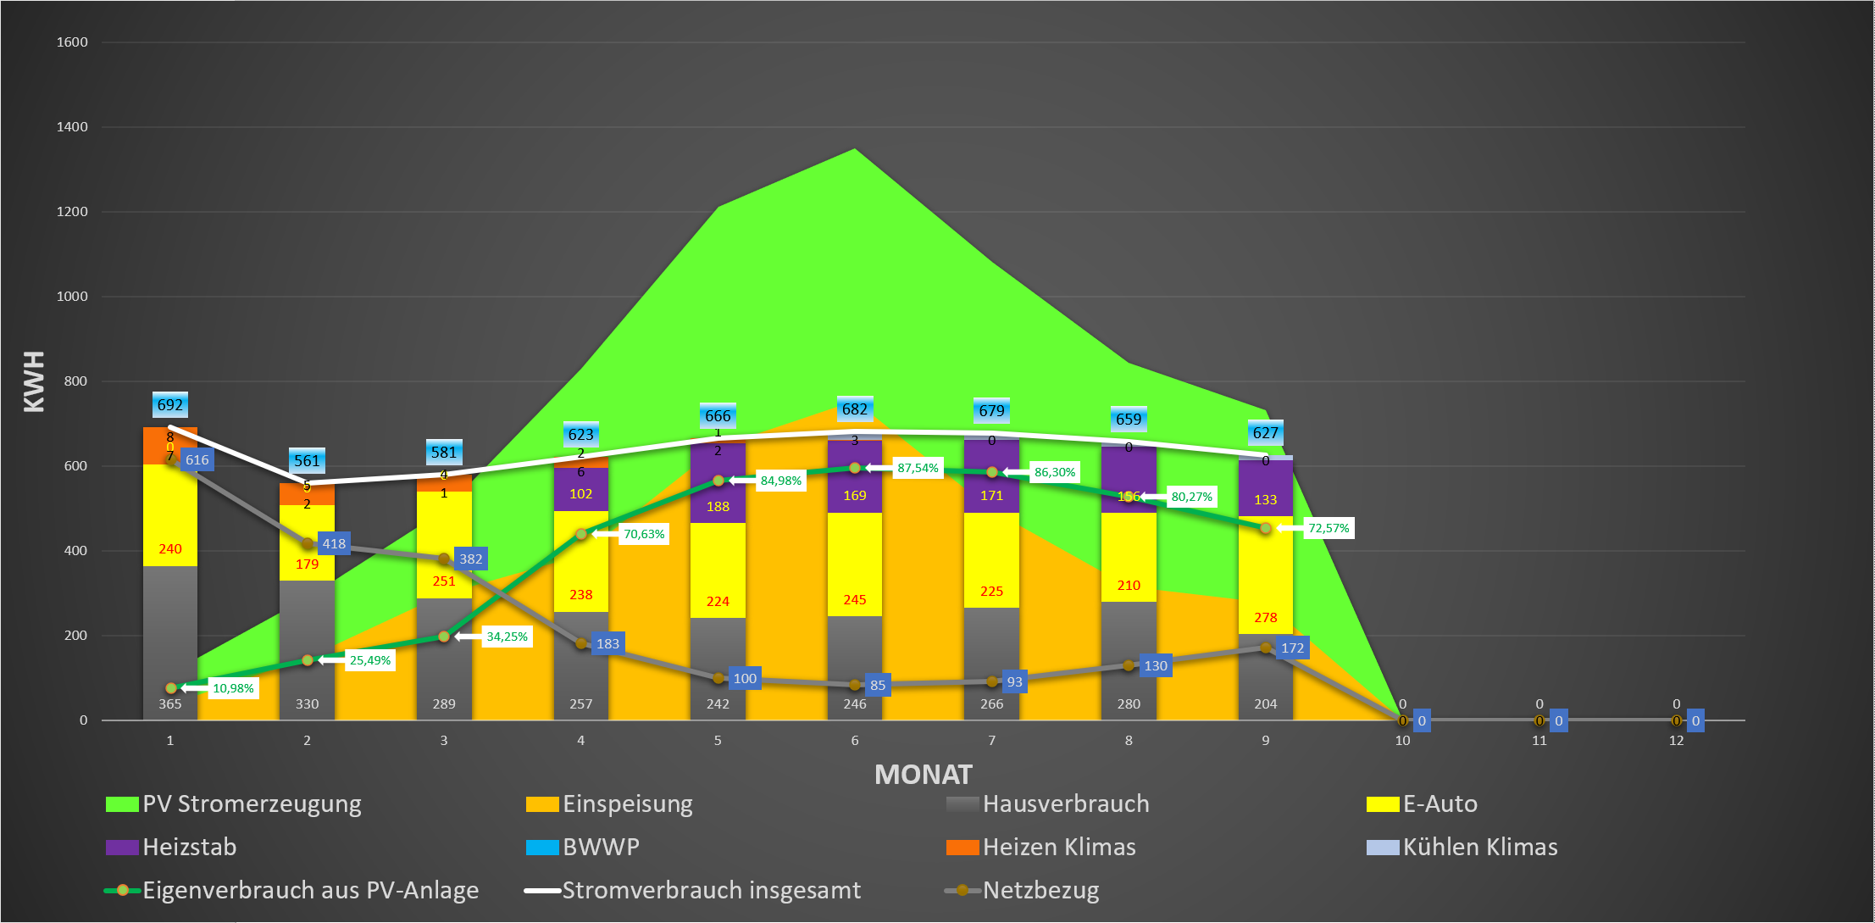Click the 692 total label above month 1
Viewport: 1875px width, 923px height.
(x=169, y=405)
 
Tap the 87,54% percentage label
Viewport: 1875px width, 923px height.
(x=918, y=468)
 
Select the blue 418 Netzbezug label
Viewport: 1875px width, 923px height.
(x=334, y=544)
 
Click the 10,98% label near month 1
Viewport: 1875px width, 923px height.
(x=233, y=688)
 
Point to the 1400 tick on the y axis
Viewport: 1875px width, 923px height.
(x=72, y=127)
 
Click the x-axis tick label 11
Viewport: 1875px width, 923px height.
(x=1539, y=741)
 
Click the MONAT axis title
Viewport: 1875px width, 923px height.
(x=923, y=775)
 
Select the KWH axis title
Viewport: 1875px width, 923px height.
(x=35, y=381)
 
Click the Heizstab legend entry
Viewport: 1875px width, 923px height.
(x=189, y=847)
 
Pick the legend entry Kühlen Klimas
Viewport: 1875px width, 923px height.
(x=1479, y=847)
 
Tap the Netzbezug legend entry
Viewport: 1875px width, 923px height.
(x=1040, y=890)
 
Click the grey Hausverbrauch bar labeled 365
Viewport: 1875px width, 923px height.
(x=169, y=644)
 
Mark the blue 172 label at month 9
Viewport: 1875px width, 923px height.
(x=1292, y=648)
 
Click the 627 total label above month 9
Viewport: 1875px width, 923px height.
(x=1265, y=433)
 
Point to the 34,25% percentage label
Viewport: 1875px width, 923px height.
(x=507, y=637)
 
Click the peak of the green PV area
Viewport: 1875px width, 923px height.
(x=854, y=151)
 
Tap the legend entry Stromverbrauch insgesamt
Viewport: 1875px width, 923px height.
(x=711, y=890)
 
